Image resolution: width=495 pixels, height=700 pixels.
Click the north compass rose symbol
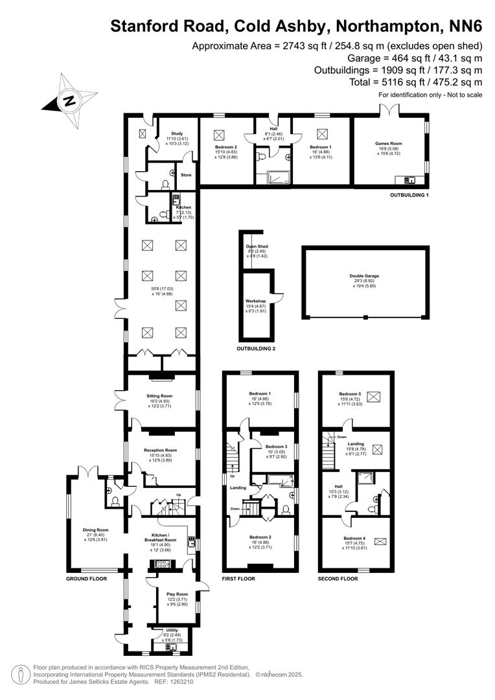coord(67,99)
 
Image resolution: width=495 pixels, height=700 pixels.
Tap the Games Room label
coord(389,144)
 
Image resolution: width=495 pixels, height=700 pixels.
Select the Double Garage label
coord(363,276)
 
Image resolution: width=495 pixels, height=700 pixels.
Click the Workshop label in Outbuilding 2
coord(256,301)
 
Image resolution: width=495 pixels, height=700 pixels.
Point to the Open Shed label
coord(257,247)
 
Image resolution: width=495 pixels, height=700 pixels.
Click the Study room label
coord(168,134)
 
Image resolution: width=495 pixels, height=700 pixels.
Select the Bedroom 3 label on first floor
coord(276,447)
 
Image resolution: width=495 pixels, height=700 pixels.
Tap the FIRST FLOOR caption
coord(238,579)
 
